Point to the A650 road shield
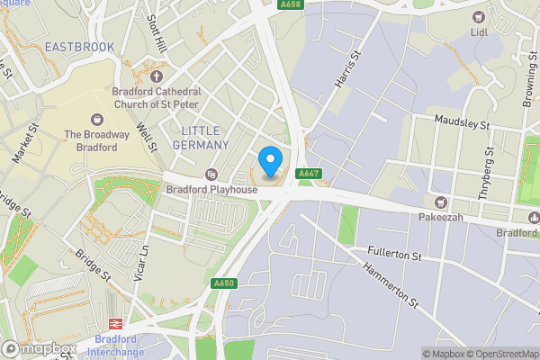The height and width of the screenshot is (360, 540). (x=224, y=283)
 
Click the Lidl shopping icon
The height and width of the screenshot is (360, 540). (x=478, y=17)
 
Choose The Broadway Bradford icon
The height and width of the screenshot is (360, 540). (x=97, y=119)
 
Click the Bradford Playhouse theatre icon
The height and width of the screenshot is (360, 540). (x=211, y=174)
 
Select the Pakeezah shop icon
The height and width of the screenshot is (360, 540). (x=440, y=202)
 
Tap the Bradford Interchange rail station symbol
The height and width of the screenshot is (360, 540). (x=115, y=323)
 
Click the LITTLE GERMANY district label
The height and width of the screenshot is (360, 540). (x=199, y=138)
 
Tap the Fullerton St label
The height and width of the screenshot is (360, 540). (x=394, y=255)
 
